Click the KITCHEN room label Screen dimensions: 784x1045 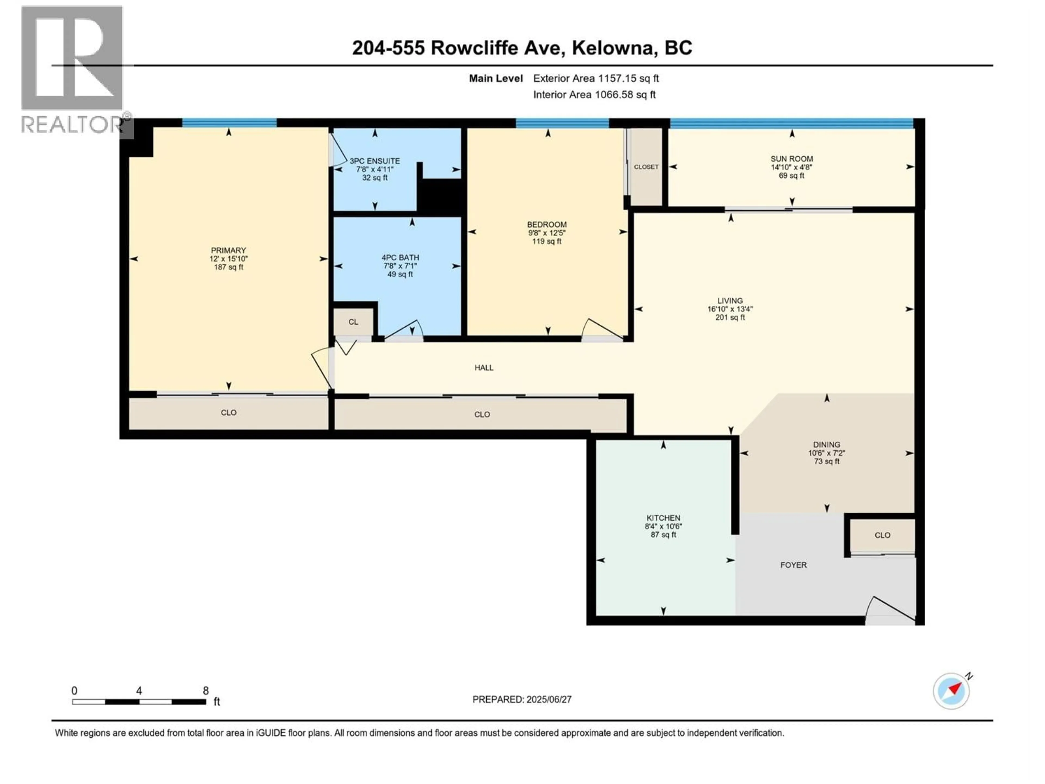(x=663, y=518)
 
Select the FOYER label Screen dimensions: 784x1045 (x=793, y=565)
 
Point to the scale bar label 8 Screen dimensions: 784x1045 (x=205, y=690)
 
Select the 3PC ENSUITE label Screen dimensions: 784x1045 (x=375, y=161)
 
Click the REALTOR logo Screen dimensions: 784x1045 (x=73, y=71)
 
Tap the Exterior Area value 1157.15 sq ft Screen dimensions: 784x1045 (x=628, y=78)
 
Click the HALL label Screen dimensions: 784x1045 (x=484, y=368)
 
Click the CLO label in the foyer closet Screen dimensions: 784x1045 (x=882, y=535)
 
